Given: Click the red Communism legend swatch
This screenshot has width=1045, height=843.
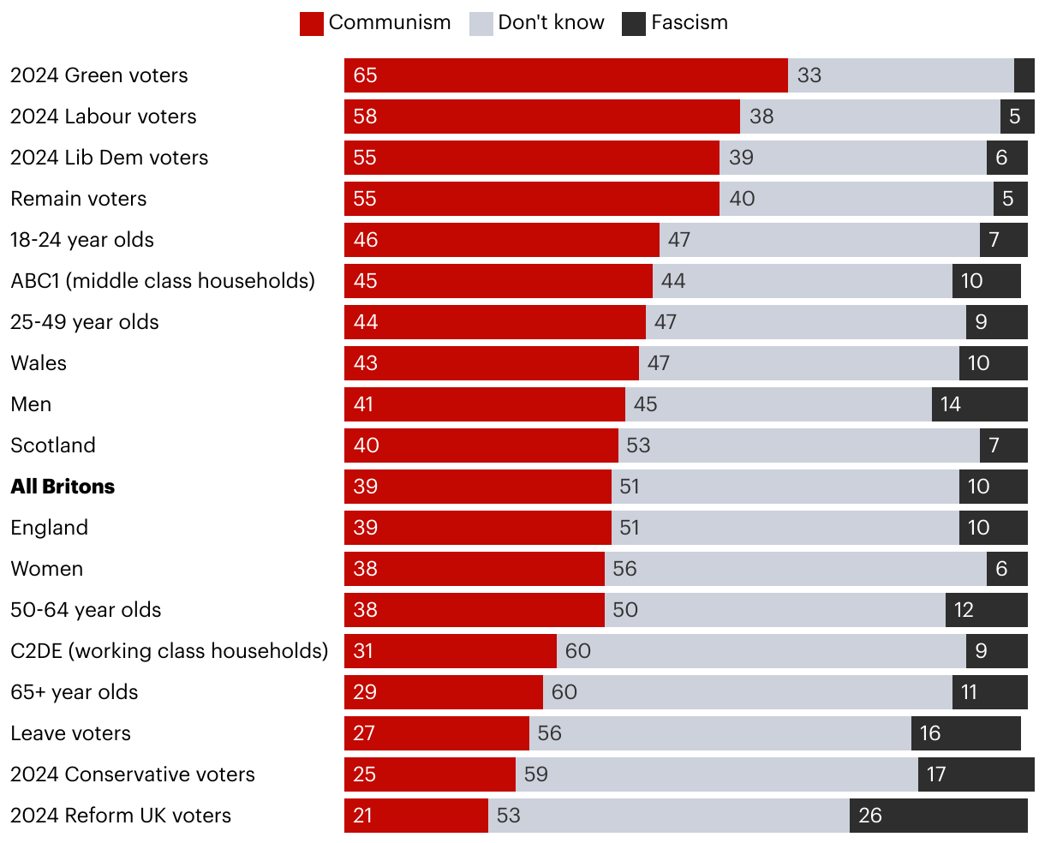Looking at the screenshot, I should (x=311, y=23).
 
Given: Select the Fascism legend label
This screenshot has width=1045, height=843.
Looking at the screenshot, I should (x=689, y=23).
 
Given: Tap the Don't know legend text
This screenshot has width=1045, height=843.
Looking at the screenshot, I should (x=551, y=23).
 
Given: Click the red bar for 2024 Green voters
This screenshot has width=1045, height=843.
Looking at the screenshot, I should (x=565, y=75).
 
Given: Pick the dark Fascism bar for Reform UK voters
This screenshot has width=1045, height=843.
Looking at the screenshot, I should (x=938, y=816).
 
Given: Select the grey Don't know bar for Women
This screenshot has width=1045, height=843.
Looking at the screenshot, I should (x=795, y=569).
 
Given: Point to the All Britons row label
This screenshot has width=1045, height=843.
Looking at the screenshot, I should (x=63, y=487).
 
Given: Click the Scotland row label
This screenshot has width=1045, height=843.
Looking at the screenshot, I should (x=53, y=445).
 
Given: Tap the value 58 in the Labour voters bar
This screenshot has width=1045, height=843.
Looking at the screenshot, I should (x=365, y=117).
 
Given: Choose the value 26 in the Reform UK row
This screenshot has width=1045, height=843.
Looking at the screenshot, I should (x=869, y=816).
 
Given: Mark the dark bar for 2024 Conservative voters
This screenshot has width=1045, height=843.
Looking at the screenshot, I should (x=976, y=774).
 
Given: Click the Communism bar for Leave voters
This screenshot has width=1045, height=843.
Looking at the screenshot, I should (x=437, y=733).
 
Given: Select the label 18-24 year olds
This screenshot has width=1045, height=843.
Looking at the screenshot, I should (x=82, y=240).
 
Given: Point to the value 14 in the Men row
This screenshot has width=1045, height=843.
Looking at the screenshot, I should (x=951, y=404).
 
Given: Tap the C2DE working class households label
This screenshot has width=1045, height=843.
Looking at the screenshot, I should (x=169, y=651).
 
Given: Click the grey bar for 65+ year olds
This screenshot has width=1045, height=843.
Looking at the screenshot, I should (x=747, y=692).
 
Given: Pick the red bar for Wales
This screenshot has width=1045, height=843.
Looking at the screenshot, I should (x=491, y=363).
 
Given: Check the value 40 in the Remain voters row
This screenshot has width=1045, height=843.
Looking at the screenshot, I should (x=742, y=199).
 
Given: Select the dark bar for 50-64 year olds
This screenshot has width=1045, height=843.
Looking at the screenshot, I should (x=986, y=610).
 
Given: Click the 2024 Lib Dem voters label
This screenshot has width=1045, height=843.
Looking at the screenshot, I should (x=109, y=158).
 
